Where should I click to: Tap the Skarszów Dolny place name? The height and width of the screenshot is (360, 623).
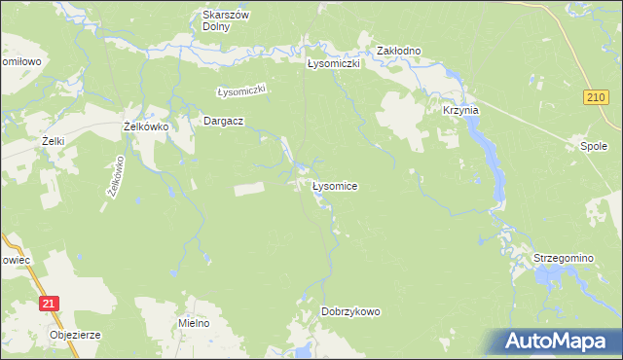click(x=226, y=20)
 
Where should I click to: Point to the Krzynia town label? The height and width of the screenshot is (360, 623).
click(x=460, y=111)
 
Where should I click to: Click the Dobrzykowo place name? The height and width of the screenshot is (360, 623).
click(x=350, y=311)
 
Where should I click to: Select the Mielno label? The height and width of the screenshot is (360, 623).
click(x=195, y=322)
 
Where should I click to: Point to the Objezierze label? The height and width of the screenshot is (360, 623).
click(x=75, y=335)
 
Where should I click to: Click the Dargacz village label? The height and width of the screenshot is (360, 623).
click(x=222, y=121)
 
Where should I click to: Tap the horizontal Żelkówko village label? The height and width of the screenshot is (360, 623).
click(x=147, y=126)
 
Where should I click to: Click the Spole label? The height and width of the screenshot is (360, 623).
click(x=593, y=147)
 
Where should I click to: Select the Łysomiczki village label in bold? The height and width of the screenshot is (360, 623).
click(x=334, y=64)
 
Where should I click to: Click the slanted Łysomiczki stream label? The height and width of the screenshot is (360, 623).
click(x=241, y=90)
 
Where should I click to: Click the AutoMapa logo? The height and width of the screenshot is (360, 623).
click(x=558, y=341)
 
